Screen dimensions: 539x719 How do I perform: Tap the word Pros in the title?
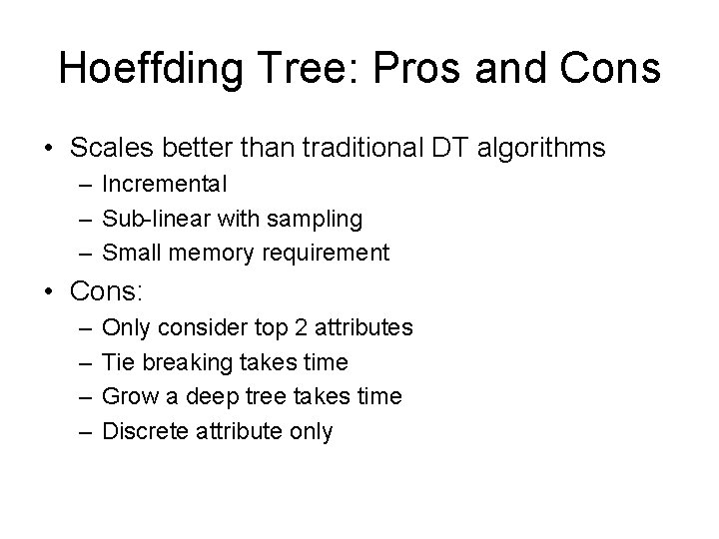(x=414, y=70)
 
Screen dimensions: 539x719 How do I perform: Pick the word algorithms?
(x=541, y=149)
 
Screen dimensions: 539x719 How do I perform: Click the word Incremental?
(x=165, y=185)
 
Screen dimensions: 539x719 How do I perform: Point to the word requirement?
(x=327, y=254)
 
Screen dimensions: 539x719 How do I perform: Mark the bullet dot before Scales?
(x=48, y=149)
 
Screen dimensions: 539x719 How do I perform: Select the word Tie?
(x=117, y=361)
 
